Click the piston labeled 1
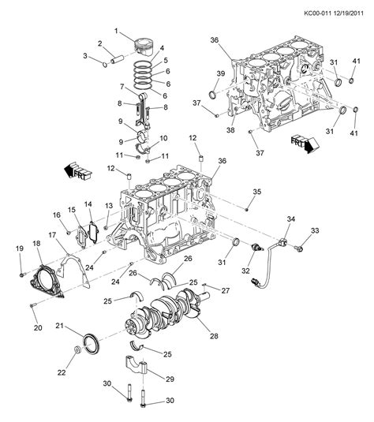[x=144, y=47]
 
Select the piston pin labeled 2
[x=116, y=60]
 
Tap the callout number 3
[x=85, y=56]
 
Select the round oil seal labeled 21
[x=92, y=344]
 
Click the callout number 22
[x=62, y=372]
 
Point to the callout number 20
[x=38, y=328]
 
